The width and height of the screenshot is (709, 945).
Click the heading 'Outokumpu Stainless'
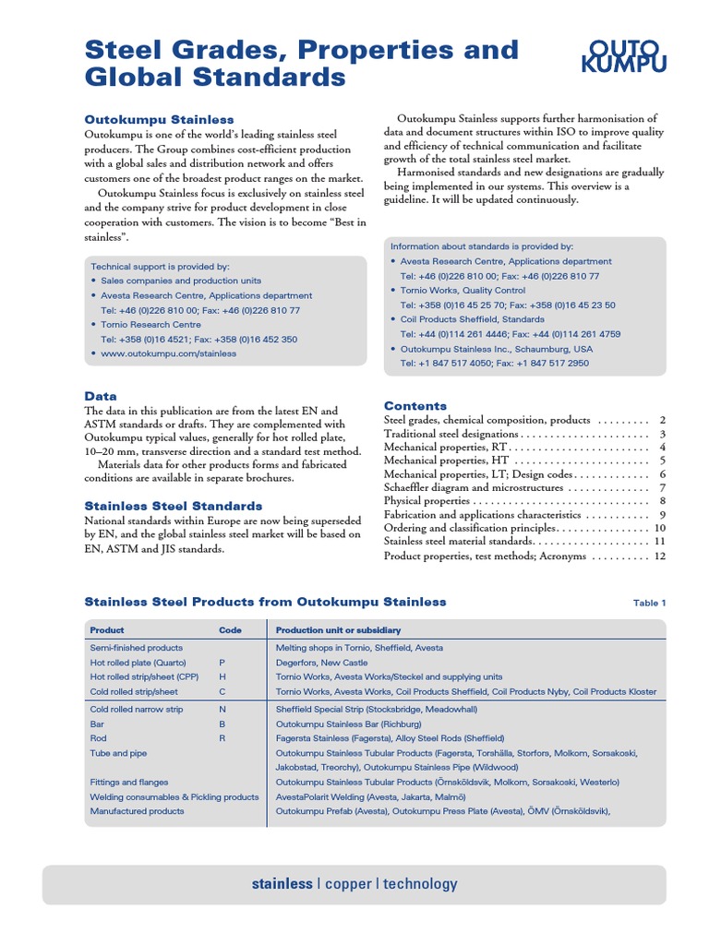tap(159, 119)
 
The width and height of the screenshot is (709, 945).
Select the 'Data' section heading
tap(101, 395)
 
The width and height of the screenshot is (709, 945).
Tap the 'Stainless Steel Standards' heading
tap(174, 506)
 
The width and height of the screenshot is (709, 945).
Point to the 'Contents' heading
tap(415, 405)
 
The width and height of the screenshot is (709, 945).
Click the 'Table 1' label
tap(649, 603)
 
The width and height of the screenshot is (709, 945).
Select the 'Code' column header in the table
tap(231, 630)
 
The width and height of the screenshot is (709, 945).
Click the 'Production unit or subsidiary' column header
tap(339, 630)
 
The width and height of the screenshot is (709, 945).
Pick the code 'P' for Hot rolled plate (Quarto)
tap(222, 663)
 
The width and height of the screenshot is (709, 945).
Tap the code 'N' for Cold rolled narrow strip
tap(222, 709)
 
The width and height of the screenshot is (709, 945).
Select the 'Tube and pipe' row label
tap(118, 753)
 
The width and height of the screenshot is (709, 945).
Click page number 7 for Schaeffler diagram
tap(662, 487)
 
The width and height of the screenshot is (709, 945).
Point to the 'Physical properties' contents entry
tap(427, 501)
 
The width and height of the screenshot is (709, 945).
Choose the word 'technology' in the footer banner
tap(420, 884)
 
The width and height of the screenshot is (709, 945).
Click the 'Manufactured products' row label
tap(137, 811)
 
